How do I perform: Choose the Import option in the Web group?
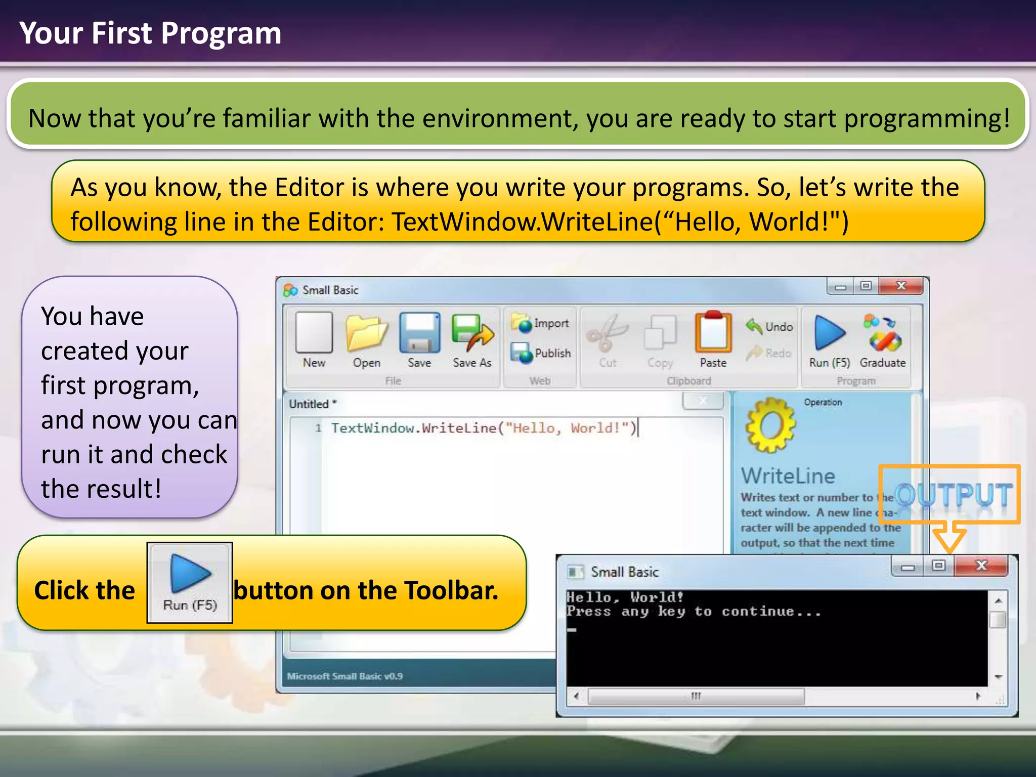pyautogui.click(x=540, y=323)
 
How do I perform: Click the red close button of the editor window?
pyautogui.click(x=901, y=286)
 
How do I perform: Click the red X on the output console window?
pyautogui.click(x=981, y=566)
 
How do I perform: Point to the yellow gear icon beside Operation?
pyautogui.click(x=770, y=425)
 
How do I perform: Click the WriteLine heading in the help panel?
pyautogui.click(x=788, y=476)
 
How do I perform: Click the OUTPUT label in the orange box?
pyautogui.click(x=954, y=494)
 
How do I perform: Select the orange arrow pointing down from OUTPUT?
pyautogui.click(x=949, y=538)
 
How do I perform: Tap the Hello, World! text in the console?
pyautogui.click(x=625, y=597)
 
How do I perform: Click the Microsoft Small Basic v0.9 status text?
pyautogui.click(x=344, y=676)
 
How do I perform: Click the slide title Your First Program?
pyautogui.click(x=150, y=33)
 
